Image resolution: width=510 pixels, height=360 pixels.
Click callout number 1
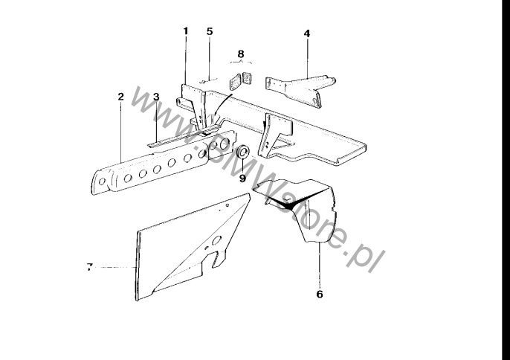point(186,31)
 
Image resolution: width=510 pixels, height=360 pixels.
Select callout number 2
point(121,97)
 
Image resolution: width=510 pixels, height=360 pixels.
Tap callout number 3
point(156,97)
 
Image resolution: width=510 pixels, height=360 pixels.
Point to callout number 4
point(307,33)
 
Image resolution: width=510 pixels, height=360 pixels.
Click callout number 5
point(210,31)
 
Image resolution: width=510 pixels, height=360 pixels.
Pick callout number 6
point(320,294)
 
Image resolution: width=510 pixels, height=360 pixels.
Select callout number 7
point(90,267)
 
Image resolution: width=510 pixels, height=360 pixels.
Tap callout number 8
point(241,54)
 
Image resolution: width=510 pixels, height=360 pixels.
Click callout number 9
point(242,178)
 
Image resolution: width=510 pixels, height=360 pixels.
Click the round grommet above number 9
point(243,152)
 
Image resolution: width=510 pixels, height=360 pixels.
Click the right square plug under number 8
point(248,78)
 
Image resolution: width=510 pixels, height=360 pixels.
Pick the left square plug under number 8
point(235,82)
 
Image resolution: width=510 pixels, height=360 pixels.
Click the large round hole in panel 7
point(216,240)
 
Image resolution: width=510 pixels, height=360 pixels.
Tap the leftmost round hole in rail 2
point(102,181)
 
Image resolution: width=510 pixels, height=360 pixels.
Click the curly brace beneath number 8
point(241,62)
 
